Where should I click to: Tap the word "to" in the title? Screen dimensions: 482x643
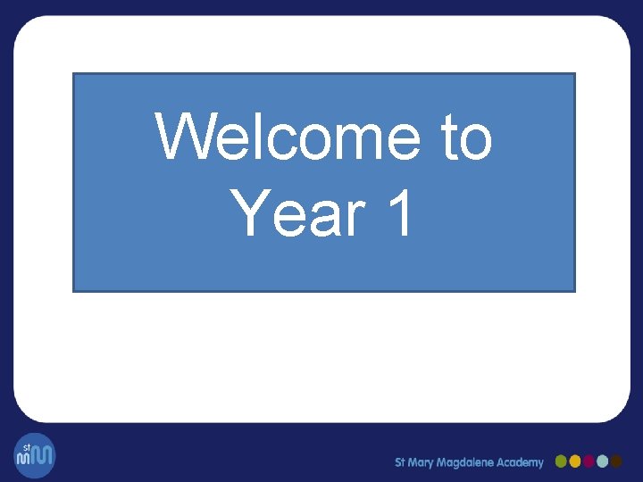tap(465, 138)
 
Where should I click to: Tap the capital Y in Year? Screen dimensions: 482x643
tap(249, 214)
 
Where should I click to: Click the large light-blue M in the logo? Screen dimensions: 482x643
tap(42, 458)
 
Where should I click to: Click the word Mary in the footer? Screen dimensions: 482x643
tap(424, 462)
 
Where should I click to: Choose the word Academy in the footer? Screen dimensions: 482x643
tap(522, 462)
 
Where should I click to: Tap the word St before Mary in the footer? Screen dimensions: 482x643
tap(401, 462)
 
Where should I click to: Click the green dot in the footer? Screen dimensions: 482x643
tap(562, 461)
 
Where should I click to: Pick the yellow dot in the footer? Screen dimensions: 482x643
tap(575, 461)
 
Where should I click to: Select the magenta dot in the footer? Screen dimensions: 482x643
tap(589, 461)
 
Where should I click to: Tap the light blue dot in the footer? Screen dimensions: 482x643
tap(603, 461)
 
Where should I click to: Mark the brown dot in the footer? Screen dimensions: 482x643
tap(616, 461)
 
